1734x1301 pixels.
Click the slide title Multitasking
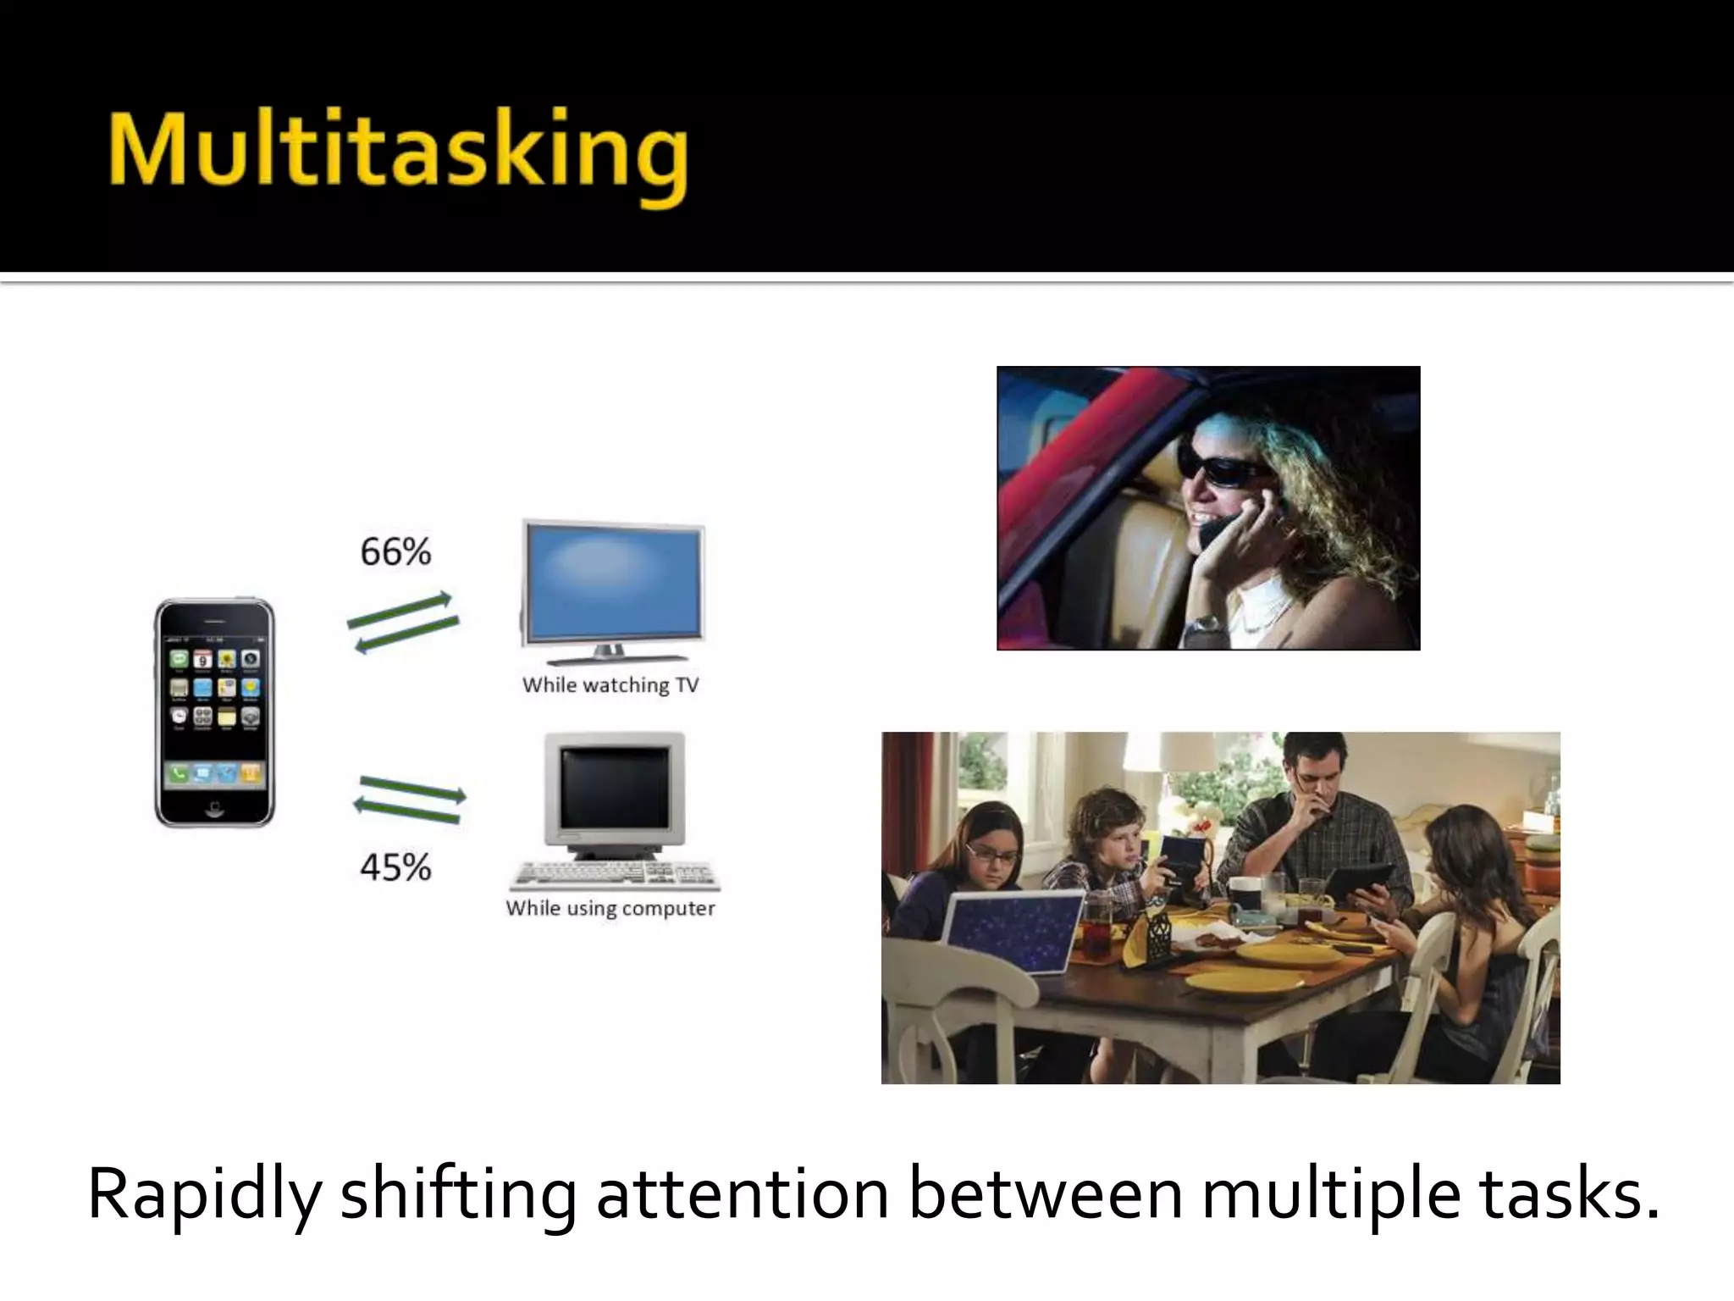(398, 152)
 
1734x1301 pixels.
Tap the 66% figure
(395, 552)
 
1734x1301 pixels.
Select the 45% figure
(395, 867)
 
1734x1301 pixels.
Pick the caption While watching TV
(610, 684)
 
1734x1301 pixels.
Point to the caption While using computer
(610, 908)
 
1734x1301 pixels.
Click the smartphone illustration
(214, 711)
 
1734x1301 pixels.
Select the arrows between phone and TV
(403, 623)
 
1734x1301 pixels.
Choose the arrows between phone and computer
(410, 800)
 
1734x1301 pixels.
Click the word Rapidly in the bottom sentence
(203, 1194)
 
